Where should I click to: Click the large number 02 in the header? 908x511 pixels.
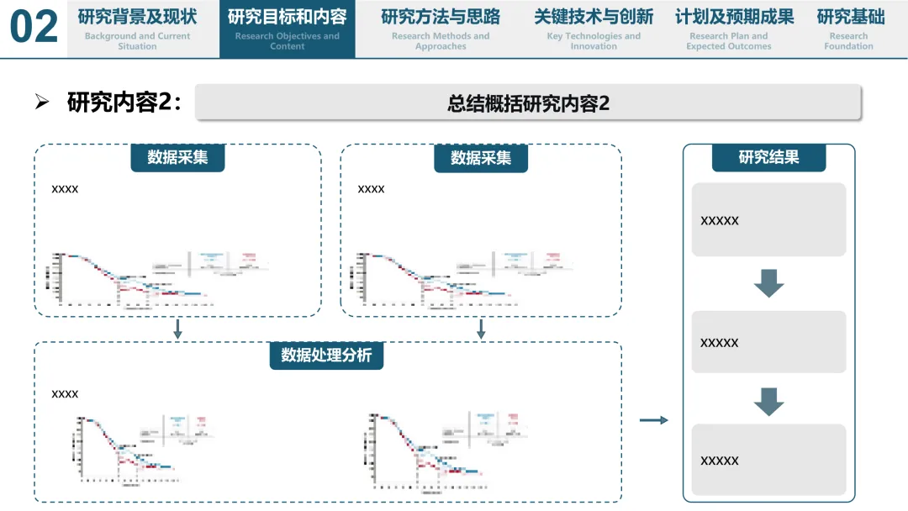[x=34, y=28]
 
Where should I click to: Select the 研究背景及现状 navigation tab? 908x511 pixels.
[x=137, y=29]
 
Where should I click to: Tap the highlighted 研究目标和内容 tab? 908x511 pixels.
[x=287, y=29]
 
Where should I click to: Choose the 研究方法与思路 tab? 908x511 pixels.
[x=441, y=29]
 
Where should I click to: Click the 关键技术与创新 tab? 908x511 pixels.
[x=594, y=29]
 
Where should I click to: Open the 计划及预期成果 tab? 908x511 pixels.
[x=734, y=29]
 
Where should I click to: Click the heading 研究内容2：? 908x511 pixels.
[x=124, y=103]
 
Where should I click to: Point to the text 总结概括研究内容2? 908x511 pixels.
[x=528, y=103]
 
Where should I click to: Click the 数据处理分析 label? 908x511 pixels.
[x=326, y=356]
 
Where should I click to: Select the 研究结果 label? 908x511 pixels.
[x=768, y=157]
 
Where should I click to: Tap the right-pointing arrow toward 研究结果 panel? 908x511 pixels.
[x=653, y=419]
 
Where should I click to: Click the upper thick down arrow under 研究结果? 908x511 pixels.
[x=768, y=283]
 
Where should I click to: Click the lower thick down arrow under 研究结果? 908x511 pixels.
[x=768, y=401]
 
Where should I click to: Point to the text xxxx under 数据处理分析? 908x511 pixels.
[x=65, y=394]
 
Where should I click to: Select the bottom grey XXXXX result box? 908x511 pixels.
[x=768, y=460]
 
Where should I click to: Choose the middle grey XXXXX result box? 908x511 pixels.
[x=768, y=342]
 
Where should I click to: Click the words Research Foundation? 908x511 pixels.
[x=848, y=41]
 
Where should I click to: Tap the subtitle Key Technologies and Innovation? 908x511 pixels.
[x=594, y=41]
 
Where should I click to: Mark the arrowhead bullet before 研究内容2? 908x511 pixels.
[x=42, y=103]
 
